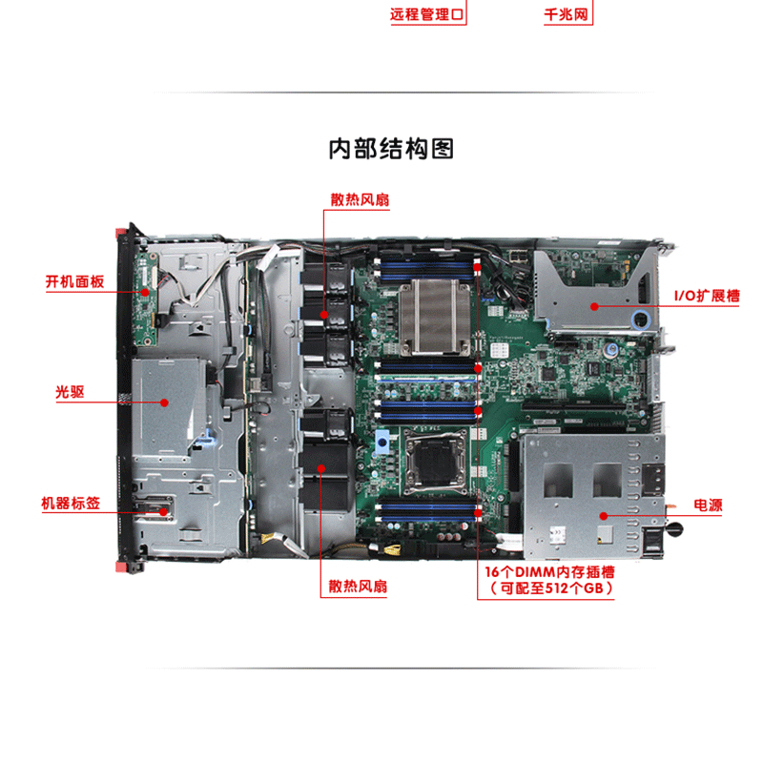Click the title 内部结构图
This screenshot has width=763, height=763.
[391, 149]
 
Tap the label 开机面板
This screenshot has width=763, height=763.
[75, 281]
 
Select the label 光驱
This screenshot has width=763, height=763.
[70, 392]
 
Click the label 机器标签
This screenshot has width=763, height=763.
[71, 504]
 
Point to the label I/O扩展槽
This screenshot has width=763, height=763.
[707, 296]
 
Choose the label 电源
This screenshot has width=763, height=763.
[708, 505]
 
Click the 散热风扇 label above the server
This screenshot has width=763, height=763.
[361, 199]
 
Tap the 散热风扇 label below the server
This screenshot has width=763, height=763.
[358, 586]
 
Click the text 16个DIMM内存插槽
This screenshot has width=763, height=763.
[549, 571]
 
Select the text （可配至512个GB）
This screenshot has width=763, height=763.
[550, 588]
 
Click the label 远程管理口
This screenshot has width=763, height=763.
[426, 14]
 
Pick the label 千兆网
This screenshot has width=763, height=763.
[567, 14]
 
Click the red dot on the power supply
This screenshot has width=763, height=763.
[604, 516]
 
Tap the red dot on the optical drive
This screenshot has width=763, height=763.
[164, 402]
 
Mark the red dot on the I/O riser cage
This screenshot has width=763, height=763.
[594, 306]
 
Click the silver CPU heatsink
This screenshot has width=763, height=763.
[435, 317]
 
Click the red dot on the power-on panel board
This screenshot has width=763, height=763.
[145, 292]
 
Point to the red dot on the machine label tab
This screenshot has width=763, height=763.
[164, 512]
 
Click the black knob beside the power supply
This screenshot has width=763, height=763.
[675, 528]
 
